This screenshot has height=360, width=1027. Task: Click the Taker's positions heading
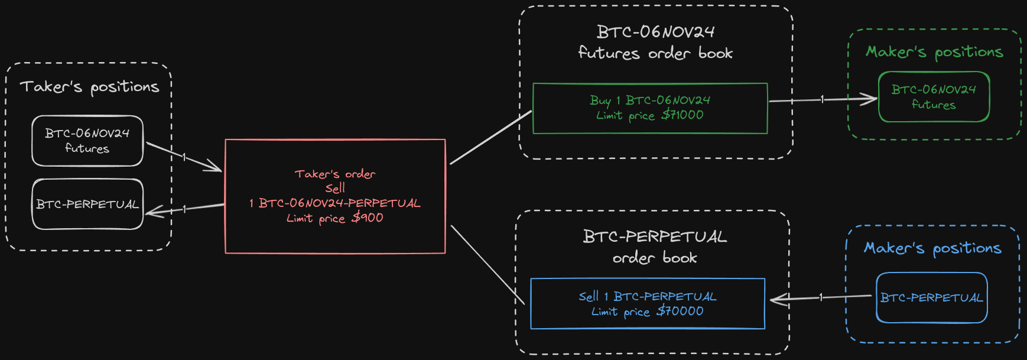(x=89, y=87)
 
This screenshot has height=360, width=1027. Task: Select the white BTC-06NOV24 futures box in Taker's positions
(x=87, y=141)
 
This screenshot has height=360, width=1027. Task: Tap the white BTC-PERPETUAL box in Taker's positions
(x=87, y=205)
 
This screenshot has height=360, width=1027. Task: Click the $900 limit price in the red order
(x=368, y=218)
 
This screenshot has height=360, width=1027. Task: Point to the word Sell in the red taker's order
(x=335, y=189)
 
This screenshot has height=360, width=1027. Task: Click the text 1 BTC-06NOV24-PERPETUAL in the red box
(x=335, y=203)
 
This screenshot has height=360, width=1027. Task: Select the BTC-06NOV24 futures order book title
(x=655, y=42)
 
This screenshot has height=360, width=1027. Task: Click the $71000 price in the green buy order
(x=682, y=115)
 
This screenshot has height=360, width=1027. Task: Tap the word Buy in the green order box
(x=600, y=100)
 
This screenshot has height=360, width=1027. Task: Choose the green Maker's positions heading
(x=934, y=52)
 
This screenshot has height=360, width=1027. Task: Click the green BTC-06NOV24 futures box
(x=934, y=97)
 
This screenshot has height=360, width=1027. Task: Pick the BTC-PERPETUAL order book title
(x=655, y=247)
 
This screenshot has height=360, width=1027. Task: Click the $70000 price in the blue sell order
(x=680, y=312)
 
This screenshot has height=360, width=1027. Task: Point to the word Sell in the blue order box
(x=589, y=297)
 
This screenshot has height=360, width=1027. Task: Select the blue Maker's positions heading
(x=932, y=248)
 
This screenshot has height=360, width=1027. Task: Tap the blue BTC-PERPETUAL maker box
(x=931, y=298)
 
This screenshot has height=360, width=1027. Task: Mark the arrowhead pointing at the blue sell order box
(x=777, y=300)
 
